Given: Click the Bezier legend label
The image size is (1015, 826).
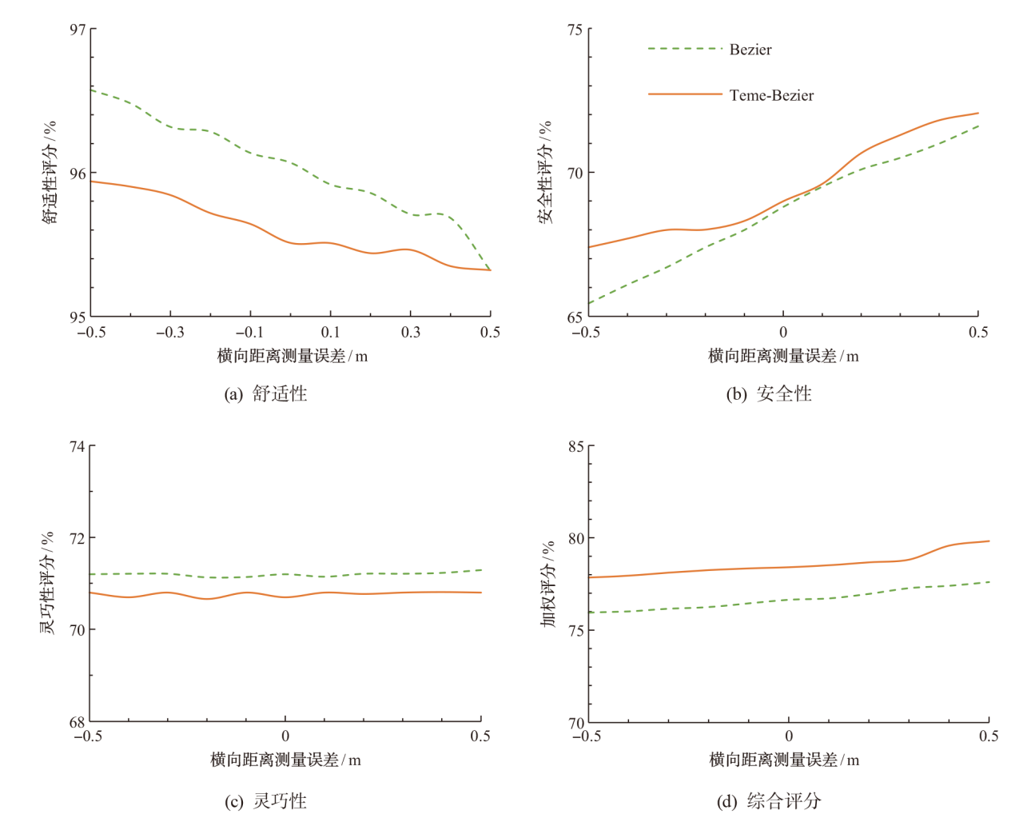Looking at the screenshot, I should pos(750,50).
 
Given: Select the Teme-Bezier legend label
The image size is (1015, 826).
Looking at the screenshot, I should pos(771,95).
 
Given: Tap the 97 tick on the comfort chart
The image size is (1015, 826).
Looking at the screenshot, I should pos(78,30).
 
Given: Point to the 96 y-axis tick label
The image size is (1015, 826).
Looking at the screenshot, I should pos(78,174).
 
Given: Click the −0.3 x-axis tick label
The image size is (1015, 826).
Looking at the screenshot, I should pos(169,333).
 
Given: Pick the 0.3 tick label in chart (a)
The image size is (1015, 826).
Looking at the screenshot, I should pos(411,333).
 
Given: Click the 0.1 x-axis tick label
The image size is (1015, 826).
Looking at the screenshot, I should pos(331,333).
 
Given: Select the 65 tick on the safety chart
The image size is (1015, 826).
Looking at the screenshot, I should pos(575,317).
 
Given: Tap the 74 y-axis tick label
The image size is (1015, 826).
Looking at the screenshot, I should pos(78,446).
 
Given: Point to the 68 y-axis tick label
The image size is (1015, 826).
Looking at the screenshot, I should pos(78,722).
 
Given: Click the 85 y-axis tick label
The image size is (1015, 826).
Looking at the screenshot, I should pos(576,446).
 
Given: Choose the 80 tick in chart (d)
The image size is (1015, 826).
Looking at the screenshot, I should pos(576,539).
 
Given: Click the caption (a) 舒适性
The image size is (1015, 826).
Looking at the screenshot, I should pos(265,393).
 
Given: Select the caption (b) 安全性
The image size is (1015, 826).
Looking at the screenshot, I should pos(769,393).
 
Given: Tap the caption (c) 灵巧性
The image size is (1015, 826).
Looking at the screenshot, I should pos(265,801).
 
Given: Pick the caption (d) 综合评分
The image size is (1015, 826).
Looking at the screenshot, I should pos(769,801).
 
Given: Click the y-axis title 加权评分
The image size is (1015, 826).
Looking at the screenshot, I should pos(548,584).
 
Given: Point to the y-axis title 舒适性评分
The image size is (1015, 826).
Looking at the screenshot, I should pos(50,173).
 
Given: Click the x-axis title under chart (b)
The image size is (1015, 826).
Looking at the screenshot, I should pos(783,356).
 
